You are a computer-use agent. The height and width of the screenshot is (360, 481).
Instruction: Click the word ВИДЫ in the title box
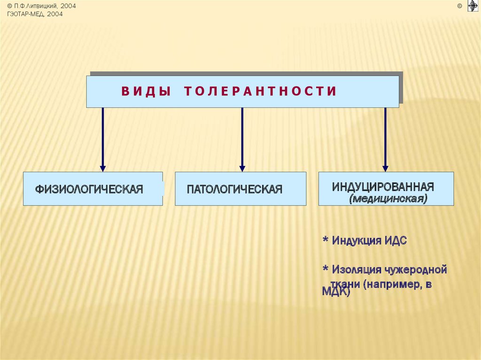146,92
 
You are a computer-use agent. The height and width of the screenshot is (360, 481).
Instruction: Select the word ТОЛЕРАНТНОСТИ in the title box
260,92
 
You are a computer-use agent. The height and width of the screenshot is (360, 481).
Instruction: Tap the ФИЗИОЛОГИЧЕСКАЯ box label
89,189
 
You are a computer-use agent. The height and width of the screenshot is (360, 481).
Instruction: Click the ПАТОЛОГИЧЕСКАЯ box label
234,189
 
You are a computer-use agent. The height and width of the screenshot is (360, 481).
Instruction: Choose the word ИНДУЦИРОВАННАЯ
383,186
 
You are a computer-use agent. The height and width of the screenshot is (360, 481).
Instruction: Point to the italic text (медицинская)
388,199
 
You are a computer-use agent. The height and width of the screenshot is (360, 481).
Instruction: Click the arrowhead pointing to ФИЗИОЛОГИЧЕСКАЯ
103,168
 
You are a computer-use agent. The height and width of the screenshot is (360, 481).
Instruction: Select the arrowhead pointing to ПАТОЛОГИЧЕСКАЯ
242,168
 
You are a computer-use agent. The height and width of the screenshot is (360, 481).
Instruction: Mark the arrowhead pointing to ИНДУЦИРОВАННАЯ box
385,168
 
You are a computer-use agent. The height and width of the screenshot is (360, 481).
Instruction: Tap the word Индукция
356,241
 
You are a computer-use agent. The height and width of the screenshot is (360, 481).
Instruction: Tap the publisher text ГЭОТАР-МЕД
26,14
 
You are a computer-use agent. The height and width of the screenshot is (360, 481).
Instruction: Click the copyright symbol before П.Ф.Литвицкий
9,6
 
